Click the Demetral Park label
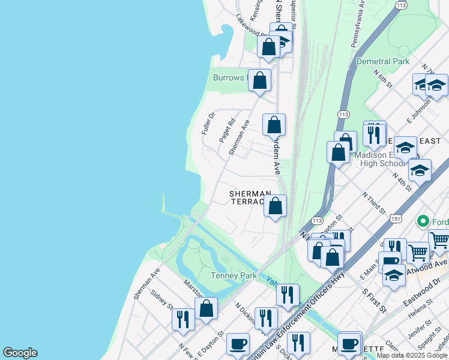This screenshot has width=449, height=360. point(382,61)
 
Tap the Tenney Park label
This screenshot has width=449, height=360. point(217,276)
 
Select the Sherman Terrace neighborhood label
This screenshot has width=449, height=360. point(249,197)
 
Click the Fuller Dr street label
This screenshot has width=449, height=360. point(208,124)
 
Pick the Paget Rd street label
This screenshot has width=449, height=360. point(226,130)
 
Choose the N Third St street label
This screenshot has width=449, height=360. point(373,202)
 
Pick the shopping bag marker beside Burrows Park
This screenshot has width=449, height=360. point(259,80)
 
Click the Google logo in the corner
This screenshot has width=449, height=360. point(20,353)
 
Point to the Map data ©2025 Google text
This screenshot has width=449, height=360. point(412,355)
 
